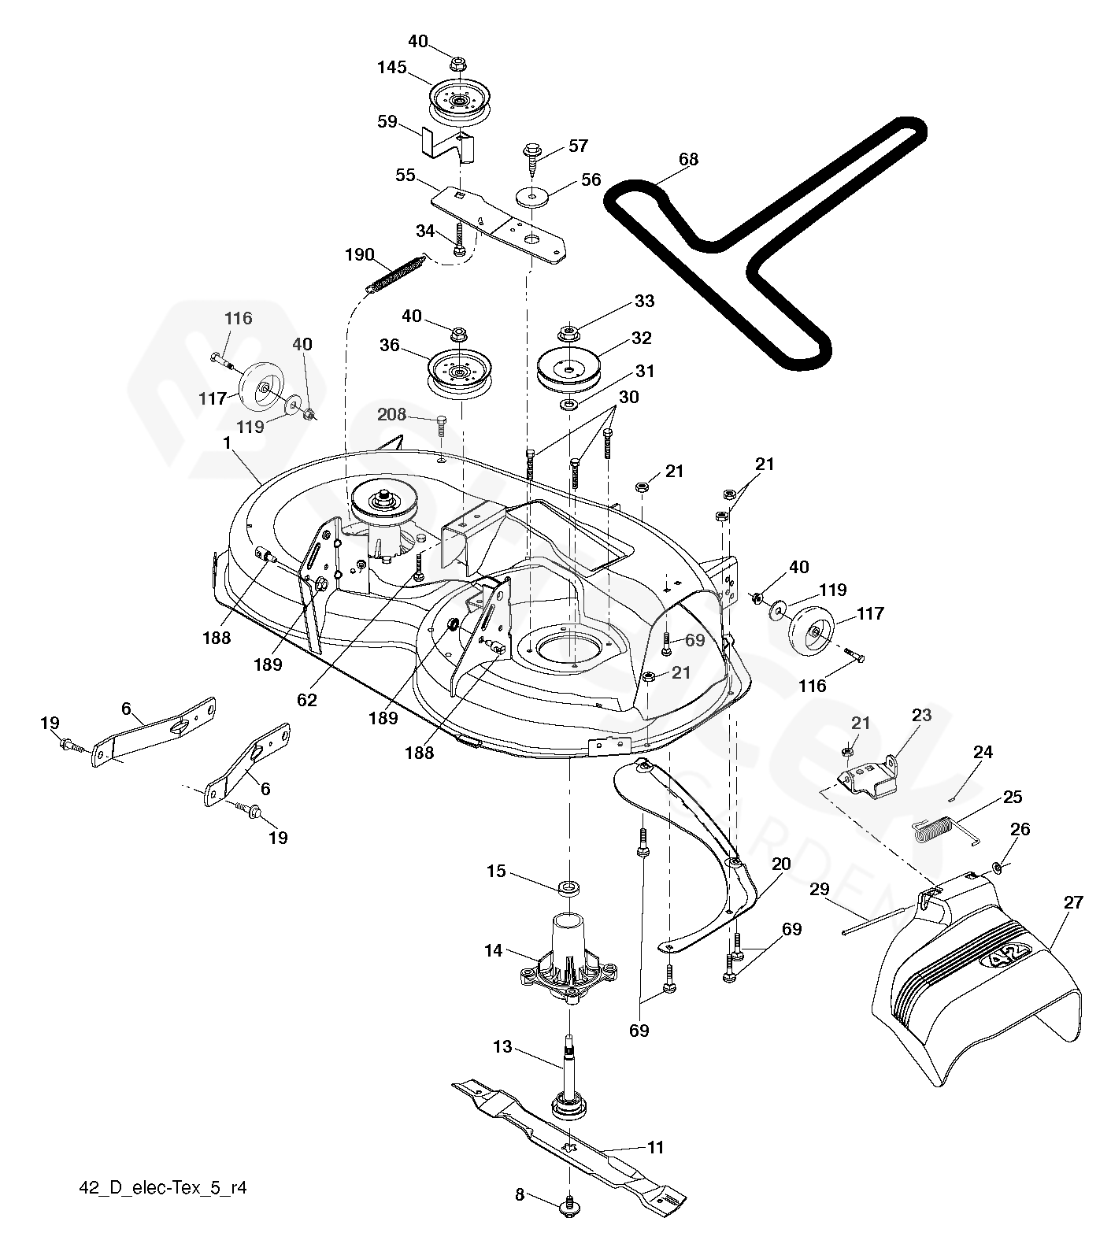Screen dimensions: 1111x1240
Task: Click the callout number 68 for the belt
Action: pyautogui.click(x=688, y=160)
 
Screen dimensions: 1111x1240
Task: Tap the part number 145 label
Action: pyautogui.click(x=391, y=68)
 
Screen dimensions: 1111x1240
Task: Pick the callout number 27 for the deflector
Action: pyautogui.click(x=1073, y=902)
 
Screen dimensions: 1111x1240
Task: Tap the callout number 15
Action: pyautogui.click(x=496, y=872)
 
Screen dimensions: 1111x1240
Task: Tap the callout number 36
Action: pyautogui.click(x=389, y=345)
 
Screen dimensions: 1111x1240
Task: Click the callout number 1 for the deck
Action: pyautogui.click(x=227, y=443)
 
